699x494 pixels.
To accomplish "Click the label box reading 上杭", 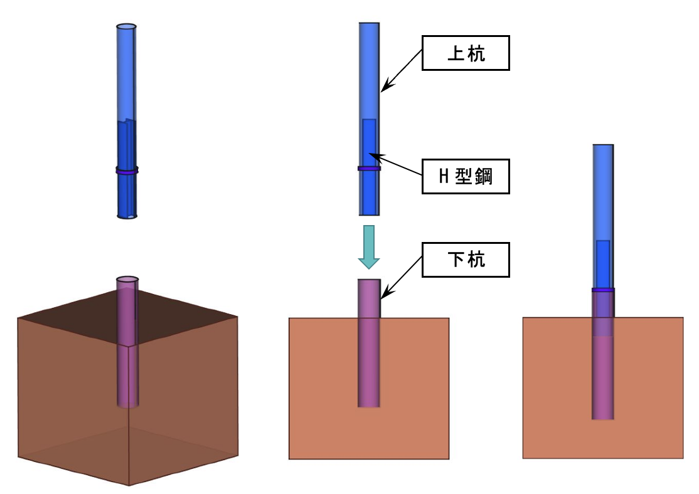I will [x=465, y=54].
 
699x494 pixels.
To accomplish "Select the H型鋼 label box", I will [x=465, y=177].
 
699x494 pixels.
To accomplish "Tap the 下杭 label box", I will [x=465, y=260].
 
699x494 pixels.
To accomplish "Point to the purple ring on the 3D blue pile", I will [x=127, y=170].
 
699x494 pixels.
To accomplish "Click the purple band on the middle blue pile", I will [x=369, y=169].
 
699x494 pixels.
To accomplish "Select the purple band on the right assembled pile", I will [x=603, y=290].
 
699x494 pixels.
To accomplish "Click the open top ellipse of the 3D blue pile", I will [x=127, y=28].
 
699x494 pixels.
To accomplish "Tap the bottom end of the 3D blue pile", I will [x=127, y=216].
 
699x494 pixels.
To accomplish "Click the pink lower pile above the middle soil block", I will [x=369, y=298].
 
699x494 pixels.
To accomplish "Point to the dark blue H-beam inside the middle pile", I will [x=369, y=144].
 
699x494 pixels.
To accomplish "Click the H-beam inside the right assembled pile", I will [x=603, y=263].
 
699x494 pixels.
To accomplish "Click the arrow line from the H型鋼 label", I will [x=395, y=164].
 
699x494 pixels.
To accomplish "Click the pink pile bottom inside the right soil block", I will [x=603, y=414].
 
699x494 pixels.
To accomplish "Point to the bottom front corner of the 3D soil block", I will [x=129, y=485].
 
